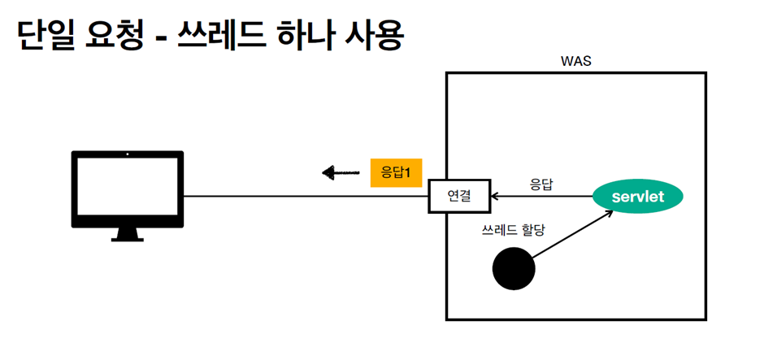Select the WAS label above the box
tap(575, 62)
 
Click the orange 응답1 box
tap(396, 172)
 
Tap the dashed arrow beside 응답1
tap(341, 172)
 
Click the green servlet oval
tap(638, 197)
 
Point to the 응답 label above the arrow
tap(541, 184)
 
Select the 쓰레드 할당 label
tap(513, 230)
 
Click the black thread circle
tap(514, 269)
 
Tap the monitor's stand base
tap(128, 238)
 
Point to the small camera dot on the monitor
tap(128, 154)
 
